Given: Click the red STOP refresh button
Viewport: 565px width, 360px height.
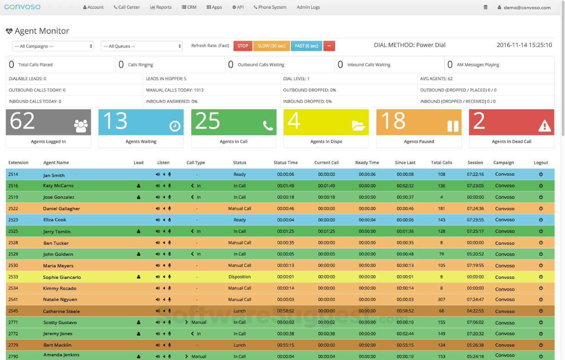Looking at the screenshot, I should pyautogui.click(x=242, y=46).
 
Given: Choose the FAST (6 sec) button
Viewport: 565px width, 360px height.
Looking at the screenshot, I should pyautogui.click(x=306, y=46).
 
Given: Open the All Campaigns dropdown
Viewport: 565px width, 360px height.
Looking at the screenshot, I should pyautogui.click(x=53, y=46).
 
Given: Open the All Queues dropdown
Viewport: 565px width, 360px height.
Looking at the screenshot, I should pyautogui.click(x=141, y=46).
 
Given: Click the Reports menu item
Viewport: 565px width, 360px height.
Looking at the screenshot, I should pyautogui.click(x=161, y=7).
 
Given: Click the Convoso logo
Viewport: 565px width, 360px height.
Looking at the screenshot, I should pyautogui.click(x=22, y=7).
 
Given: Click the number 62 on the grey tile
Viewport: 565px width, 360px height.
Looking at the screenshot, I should pyautogui.click(x=23, y=121).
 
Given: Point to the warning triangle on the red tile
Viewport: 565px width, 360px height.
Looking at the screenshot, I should pyautogui.click(x=545, y=126).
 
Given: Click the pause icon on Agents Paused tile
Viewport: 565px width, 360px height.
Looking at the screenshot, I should pyautogui.click(x=453, y=126).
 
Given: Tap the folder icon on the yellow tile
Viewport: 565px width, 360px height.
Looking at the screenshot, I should pyautogui.click(x=358, y=125).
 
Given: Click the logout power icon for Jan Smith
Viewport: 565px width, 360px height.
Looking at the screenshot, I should pyautogui.click(x=541, y=174).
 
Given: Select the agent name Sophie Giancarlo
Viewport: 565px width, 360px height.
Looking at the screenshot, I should pyautogui.click(x=62, y=277).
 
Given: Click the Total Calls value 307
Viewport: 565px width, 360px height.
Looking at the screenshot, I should pyautogui.click(x=441, y=300).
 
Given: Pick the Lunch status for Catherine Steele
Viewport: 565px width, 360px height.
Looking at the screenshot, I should pyautogui.click(x=240, y=311).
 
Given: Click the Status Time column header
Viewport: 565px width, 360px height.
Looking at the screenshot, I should pyautogui.click(x=285, y=163).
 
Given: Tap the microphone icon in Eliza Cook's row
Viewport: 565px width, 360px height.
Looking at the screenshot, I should pyautogui.click(x=170, y=220).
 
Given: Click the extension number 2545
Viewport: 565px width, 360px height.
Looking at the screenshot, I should pyautogui.click(x=13, y=311).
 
